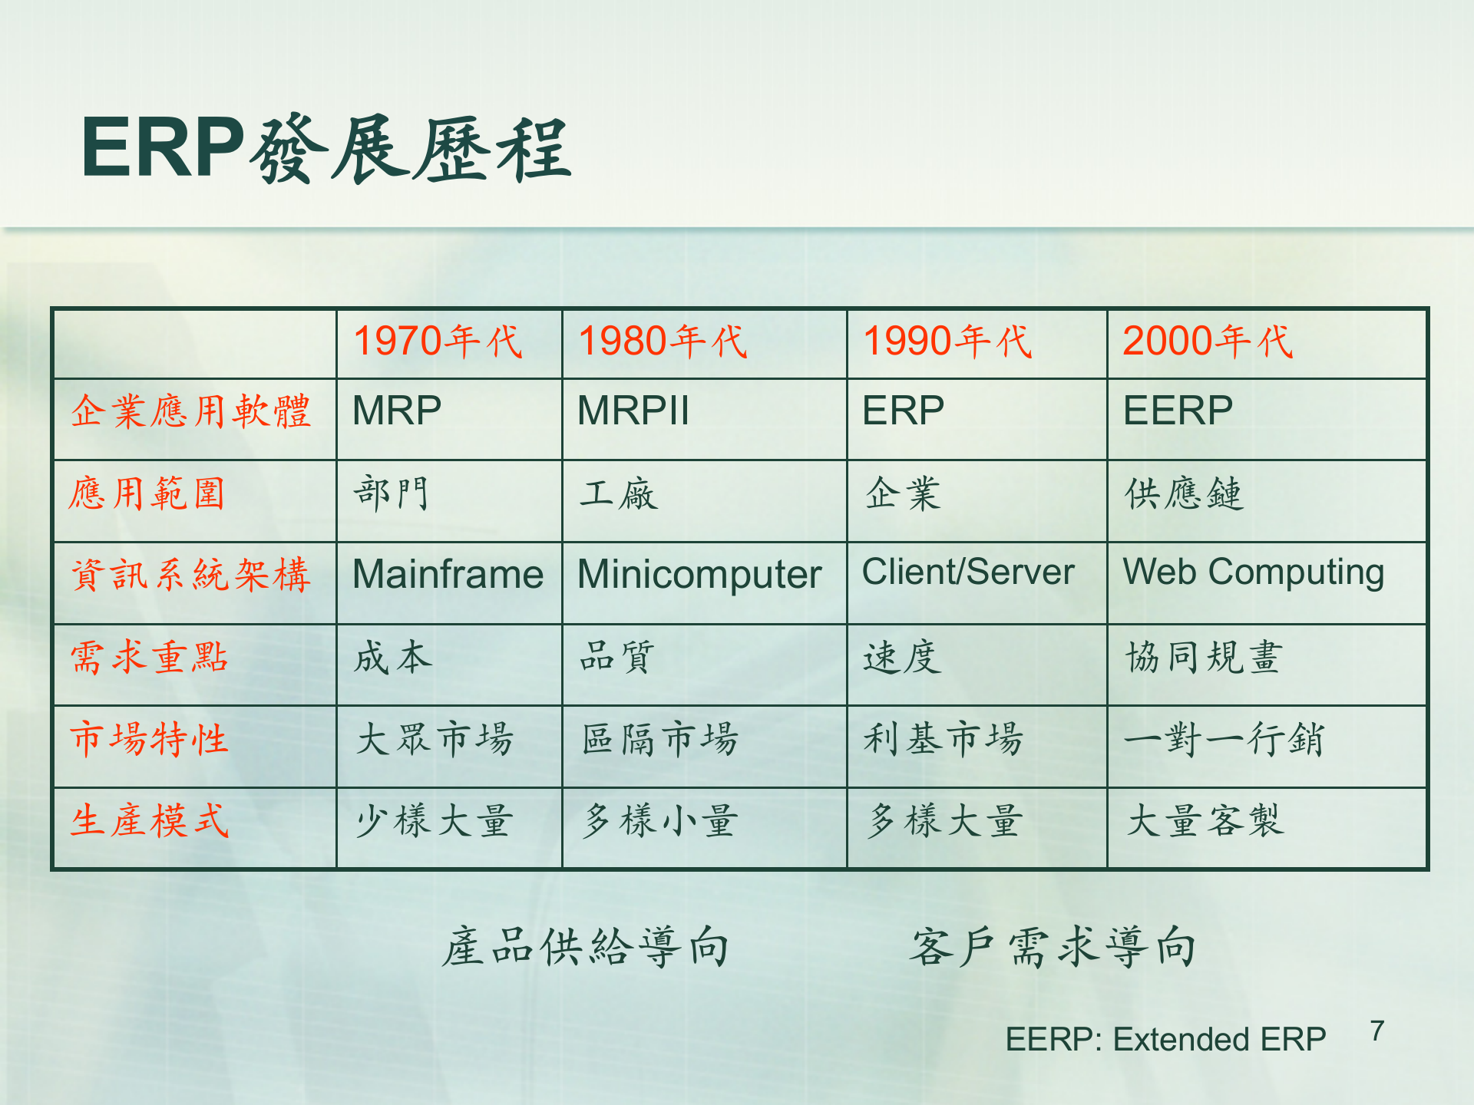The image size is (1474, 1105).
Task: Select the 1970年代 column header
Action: (438, 341)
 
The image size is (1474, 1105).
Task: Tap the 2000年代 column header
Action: (1208, 341)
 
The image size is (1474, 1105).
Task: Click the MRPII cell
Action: (633, 411)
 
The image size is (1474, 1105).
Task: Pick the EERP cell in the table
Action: (1178, 411)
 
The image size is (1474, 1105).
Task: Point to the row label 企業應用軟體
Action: (190, 411)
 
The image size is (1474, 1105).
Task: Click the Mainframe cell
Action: (448, 575)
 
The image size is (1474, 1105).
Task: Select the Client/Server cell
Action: (967, 572)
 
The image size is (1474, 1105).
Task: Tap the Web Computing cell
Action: (1253, 572)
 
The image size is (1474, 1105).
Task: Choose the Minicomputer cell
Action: (699, 575)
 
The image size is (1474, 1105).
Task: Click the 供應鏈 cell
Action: (1183, 493)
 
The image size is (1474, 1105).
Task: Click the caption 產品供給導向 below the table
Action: (585, 947)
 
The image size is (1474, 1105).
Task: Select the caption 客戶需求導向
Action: (1053, 947)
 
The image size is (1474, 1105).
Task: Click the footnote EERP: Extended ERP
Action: (1165, 1040)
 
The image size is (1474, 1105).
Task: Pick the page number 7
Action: (1377, 1031)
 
